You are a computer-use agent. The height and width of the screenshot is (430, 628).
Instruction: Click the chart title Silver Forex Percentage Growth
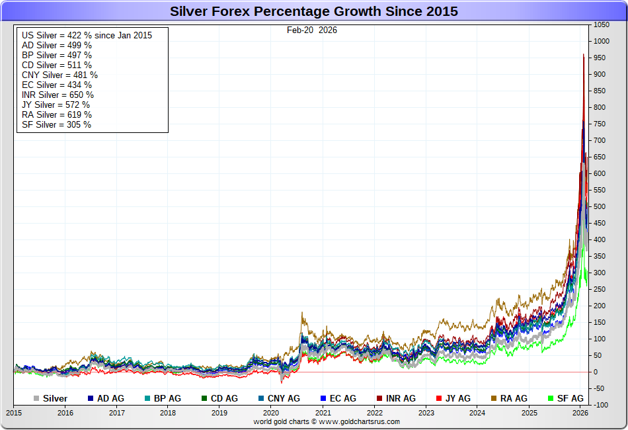(314, 11)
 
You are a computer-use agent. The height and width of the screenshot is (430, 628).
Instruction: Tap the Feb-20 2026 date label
(312, 30)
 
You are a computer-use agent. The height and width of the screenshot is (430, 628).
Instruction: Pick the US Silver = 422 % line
(87, 35)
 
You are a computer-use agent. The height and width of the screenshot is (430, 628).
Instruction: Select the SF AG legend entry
(566, 398)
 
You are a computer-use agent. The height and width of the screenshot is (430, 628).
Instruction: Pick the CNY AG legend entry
(278, 398)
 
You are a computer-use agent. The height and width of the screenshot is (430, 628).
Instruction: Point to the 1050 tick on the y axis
(601, 24)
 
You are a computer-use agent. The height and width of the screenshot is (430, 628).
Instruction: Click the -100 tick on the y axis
(600, 405)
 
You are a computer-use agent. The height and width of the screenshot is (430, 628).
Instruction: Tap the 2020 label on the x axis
(272, 413)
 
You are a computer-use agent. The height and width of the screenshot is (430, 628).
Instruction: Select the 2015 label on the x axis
(14, 413)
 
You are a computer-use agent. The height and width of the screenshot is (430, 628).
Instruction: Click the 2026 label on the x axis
(580, 413)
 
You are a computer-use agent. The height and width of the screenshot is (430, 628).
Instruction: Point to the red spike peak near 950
(583, 56)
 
